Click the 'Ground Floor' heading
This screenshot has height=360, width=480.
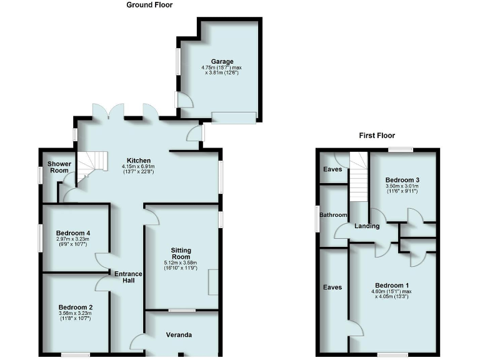click(149, 5)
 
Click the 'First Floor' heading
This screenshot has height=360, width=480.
click(377, 135)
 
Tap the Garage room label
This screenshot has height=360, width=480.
click(222, 62)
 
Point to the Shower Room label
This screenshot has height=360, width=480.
click(60, 167)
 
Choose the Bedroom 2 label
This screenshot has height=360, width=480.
click(76, 307)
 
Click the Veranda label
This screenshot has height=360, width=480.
click(178, 336)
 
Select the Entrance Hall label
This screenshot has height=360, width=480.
click(128, 277)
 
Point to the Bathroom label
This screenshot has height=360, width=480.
click(333, 215)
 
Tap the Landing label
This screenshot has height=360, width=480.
click(366, 226)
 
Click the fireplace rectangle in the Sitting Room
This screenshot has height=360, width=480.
click(213, 281)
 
